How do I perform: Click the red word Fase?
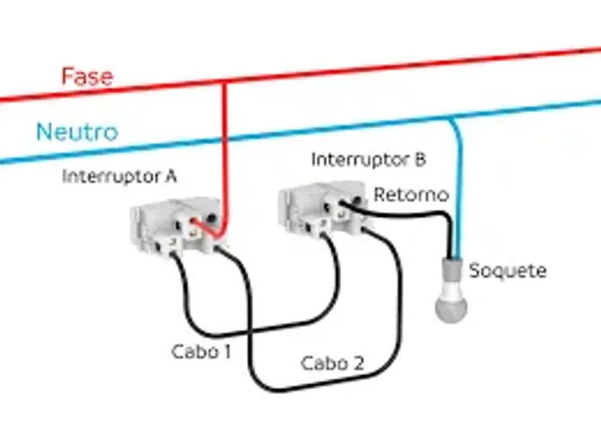tap(87, 76)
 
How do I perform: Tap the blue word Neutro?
tap(77, 132)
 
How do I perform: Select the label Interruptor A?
tap(119, 177)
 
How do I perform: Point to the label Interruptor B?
tap(369, 159)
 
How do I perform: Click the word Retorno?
tap(411, 194)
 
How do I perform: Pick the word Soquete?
tap(508, 271)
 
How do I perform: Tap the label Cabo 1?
tap(201, 351)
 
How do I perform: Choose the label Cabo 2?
tap(332, 363)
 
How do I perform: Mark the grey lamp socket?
tap(452, 269)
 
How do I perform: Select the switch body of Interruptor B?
tap(324, 209)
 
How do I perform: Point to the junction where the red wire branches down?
tap(224, 82)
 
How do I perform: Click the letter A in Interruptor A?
tap(170, 177)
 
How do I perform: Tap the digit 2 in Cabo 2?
tap(358, 363)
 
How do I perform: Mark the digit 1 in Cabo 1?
tap(228, 351)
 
